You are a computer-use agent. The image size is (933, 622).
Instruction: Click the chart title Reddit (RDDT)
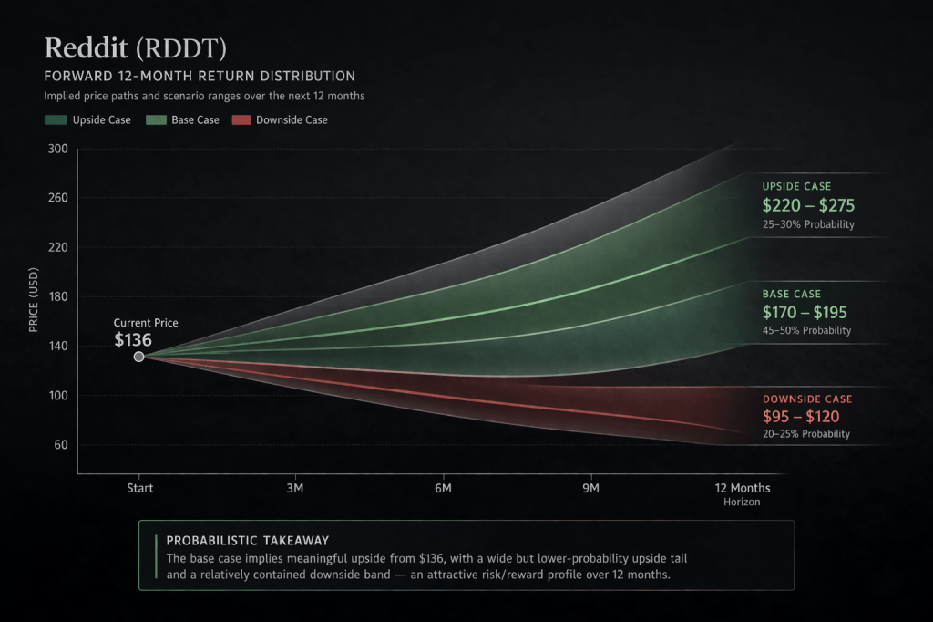(135, 47)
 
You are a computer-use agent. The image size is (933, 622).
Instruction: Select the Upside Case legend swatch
(56, 120)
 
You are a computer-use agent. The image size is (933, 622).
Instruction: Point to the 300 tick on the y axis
(57, 149)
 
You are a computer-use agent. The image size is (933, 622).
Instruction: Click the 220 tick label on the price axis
(57, 247)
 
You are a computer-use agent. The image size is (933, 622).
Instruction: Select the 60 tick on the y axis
(60, 445)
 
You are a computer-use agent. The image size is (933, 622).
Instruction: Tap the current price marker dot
(138, 357)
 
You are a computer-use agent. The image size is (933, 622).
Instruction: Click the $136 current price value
(133, 340)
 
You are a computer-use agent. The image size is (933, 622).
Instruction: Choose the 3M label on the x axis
(294, 489)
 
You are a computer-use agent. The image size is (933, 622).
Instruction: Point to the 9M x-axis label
(590, 489)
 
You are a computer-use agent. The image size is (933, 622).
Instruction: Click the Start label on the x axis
(139, 489)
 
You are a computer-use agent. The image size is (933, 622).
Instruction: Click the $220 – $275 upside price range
(808, 206)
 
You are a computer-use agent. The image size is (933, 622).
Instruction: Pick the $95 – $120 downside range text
(801, 417)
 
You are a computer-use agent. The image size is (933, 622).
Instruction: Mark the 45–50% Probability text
(806, 330)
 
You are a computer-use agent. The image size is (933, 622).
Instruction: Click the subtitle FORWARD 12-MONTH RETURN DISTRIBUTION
(200, 76)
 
